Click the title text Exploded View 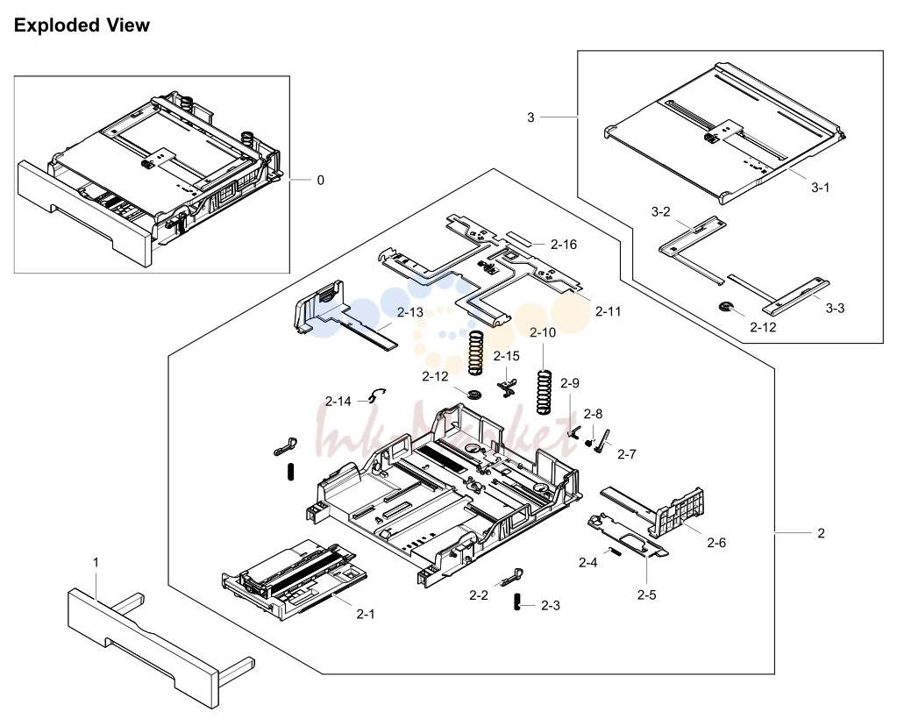82,25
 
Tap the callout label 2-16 564,245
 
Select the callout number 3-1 820,187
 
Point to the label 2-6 716,543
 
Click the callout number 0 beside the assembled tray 320,180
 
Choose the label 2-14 338,402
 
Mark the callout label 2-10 542,332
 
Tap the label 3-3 835,308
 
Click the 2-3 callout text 551,605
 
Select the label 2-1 365,614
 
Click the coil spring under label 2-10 544,392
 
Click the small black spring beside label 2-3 516,602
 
